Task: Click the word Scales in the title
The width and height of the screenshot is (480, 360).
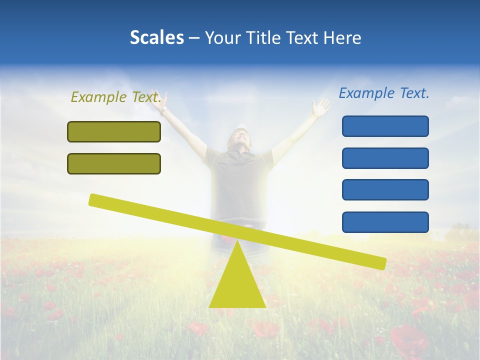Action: click(x=156, y=37)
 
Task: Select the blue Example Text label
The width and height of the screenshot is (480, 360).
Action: click(x=384, y=93)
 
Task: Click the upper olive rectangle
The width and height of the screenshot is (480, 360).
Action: click(x=114, y=131)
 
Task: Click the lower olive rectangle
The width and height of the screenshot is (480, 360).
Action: click(x=114, y=163)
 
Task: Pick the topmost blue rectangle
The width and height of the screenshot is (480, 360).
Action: click(x=385, y=126)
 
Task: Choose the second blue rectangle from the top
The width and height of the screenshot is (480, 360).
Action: click(x=385, y=158)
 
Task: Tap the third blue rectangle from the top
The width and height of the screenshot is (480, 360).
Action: click(x=385, y=189)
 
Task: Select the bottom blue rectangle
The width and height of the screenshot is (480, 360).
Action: click(x=385, y=222)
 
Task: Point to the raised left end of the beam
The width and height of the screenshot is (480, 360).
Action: click(x=94, y=199)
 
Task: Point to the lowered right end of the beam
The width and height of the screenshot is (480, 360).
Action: click(x=381, y=262)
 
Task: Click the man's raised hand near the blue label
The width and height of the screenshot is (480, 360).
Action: click(x=319, y=107)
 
